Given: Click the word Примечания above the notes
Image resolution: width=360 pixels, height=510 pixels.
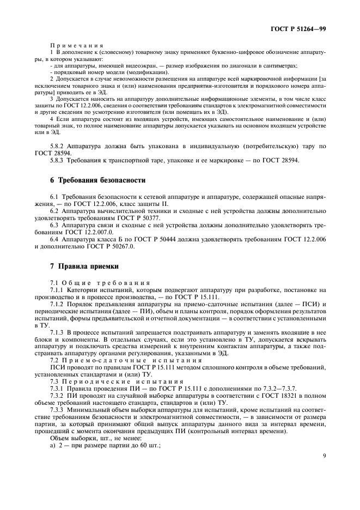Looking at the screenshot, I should point(72,45).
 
